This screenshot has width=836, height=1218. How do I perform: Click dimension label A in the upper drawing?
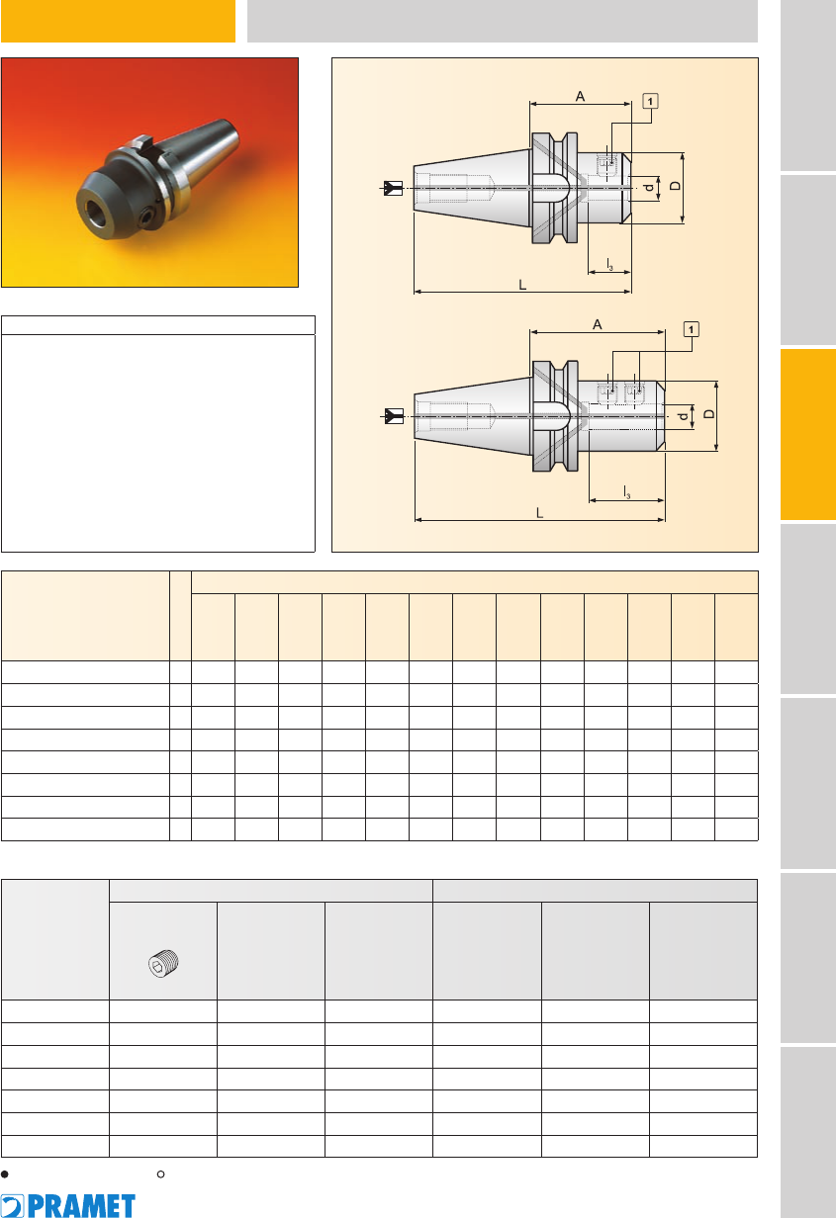coord(580,97)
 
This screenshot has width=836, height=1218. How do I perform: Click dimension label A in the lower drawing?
coord(597,325)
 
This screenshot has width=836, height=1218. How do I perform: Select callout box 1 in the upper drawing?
coord(650,101)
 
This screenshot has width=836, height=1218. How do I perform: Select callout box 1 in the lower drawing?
coord(692,329)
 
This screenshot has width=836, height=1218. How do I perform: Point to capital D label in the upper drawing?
coord(675,186)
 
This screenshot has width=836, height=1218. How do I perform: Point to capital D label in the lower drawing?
coord(708,414)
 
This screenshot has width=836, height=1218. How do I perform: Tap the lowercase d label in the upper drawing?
coord(649,188)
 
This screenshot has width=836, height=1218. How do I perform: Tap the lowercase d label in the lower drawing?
coord(683,416)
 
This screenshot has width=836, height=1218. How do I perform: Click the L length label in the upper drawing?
coord(522,285)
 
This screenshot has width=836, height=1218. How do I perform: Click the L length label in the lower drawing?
coord(539,513)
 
